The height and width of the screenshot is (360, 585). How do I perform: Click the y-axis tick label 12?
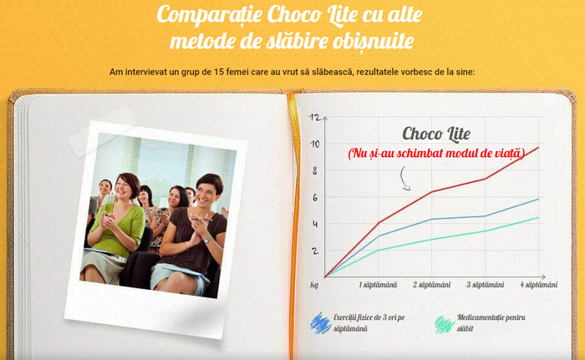point(315,117)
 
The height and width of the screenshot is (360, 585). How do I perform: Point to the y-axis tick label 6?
point(315,197)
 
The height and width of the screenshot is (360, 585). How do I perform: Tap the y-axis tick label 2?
point(315,251)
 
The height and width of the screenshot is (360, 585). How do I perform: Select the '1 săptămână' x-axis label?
point(378,285)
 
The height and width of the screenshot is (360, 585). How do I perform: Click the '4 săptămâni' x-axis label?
point(539,285)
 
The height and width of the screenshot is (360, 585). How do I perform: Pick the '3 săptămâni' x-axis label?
point(485,285)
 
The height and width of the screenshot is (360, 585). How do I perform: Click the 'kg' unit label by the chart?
point(314,285)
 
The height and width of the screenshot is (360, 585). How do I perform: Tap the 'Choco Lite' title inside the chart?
point(436,134)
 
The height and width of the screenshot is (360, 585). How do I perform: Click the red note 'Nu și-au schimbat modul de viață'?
point(436,153)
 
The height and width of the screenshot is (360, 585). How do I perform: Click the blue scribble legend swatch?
point(320,323)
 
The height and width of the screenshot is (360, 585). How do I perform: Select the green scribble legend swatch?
point(445,324)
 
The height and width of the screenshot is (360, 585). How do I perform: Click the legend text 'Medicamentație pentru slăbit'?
point(491,323)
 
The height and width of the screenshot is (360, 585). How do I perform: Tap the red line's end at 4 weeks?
point(538,148)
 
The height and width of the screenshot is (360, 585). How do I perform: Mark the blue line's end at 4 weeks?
point(538,200)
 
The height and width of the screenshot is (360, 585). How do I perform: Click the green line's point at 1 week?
point(379,250)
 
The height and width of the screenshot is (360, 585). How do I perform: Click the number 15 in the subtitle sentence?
point(219,72)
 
